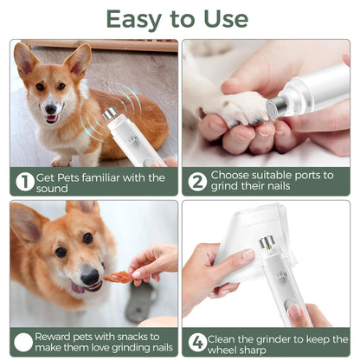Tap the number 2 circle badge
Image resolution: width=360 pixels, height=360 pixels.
(198, 182)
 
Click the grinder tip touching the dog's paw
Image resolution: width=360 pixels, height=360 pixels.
(275, 107)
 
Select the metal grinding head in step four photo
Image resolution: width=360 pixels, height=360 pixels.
(267, 247)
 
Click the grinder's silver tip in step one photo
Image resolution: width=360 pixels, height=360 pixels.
(111, 114)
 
